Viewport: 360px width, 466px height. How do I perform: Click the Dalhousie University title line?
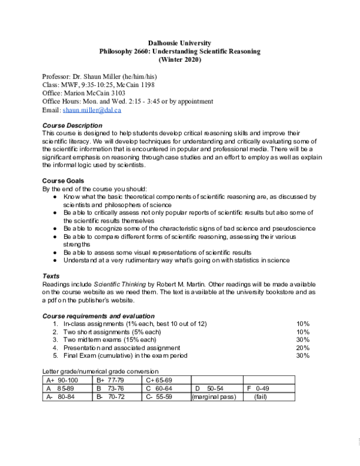tap(179, 43)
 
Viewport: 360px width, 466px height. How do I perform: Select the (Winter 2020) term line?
tap(179, 59)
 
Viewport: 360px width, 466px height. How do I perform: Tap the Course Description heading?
tap(72, 125)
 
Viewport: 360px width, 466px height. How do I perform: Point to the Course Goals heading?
tap(62, 181)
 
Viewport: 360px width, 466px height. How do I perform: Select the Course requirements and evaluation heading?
tap(98, 316)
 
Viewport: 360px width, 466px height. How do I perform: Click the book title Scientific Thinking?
tap(121, 284)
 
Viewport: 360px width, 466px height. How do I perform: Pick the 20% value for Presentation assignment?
tap(302, 348)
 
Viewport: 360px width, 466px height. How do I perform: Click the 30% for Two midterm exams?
tap(302, 340)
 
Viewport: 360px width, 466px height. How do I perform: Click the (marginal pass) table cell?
tap(213, 397)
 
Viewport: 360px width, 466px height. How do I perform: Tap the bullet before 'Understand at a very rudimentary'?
tap(56, 260)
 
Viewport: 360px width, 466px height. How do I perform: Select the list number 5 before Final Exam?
tap(55, 356)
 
